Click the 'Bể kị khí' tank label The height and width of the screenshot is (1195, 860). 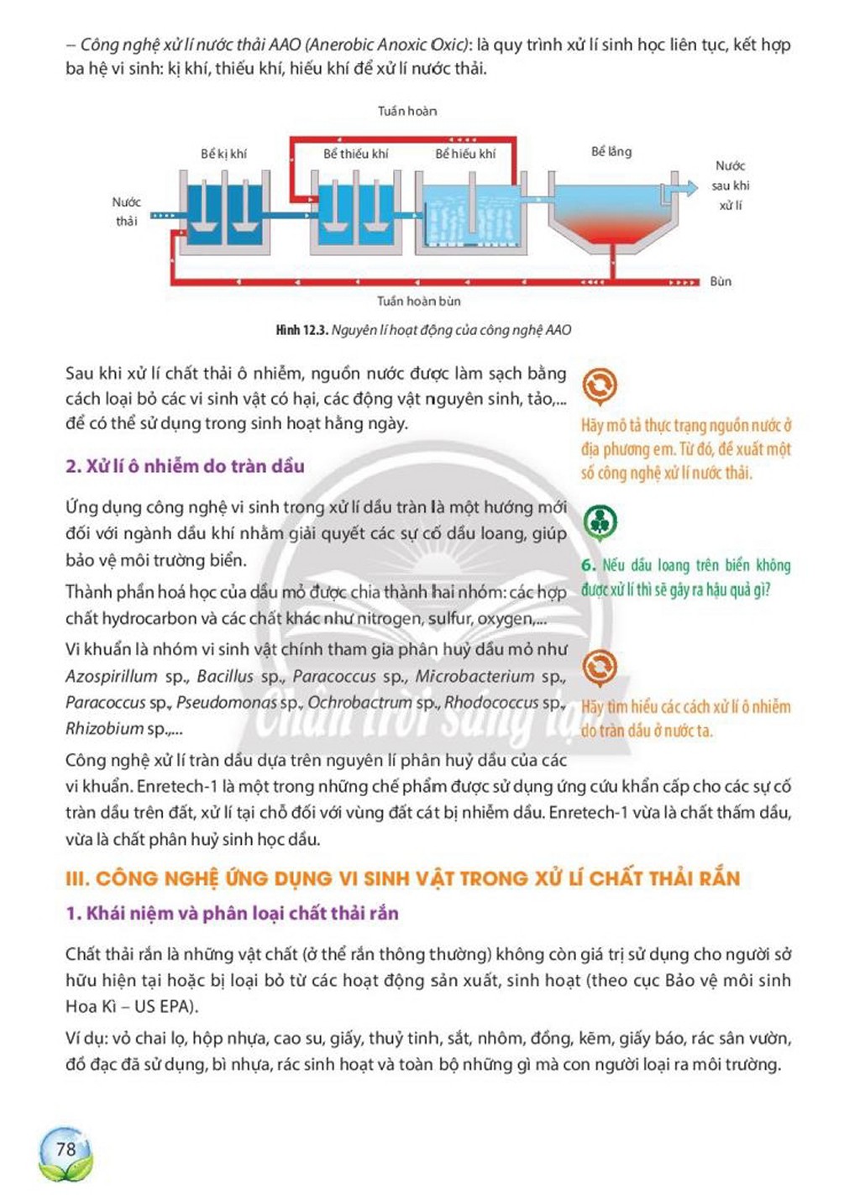(x=223, y=154)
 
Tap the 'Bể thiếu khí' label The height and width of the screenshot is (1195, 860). (x=356, y=154)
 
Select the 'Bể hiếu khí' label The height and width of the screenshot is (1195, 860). (x=465, y=154)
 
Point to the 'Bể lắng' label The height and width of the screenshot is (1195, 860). (x=611, y=152)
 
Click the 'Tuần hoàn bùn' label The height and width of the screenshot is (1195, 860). (x=419, y=301)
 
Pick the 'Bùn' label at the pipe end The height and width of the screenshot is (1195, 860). (x=721, y=281)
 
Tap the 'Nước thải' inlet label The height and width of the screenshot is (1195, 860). (x=127, y=212)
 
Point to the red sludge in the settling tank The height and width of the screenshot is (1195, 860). (x=612, y=229)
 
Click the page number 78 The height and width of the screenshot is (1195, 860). (x=66, y=1148)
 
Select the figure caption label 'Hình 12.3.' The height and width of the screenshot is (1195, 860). (x=302, y=330)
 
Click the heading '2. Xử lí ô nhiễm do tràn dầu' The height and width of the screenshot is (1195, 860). (x=185, y=466)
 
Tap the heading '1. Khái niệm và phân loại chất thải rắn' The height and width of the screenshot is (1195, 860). (x=232, y=914)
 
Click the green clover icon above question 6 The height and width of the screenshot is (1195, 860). (x=600, y=522)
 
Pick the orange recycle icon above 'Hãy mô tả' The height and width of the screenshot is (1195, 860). (x=600, y=385)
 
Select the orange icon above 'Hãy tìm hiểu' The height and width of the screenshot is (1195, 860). (x=600, y=668)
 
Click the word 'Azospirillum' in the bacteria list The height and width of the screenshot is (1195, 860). (x=112, y=677)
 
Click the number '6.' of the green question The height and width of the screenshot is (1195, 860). (x=589, y=565)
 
